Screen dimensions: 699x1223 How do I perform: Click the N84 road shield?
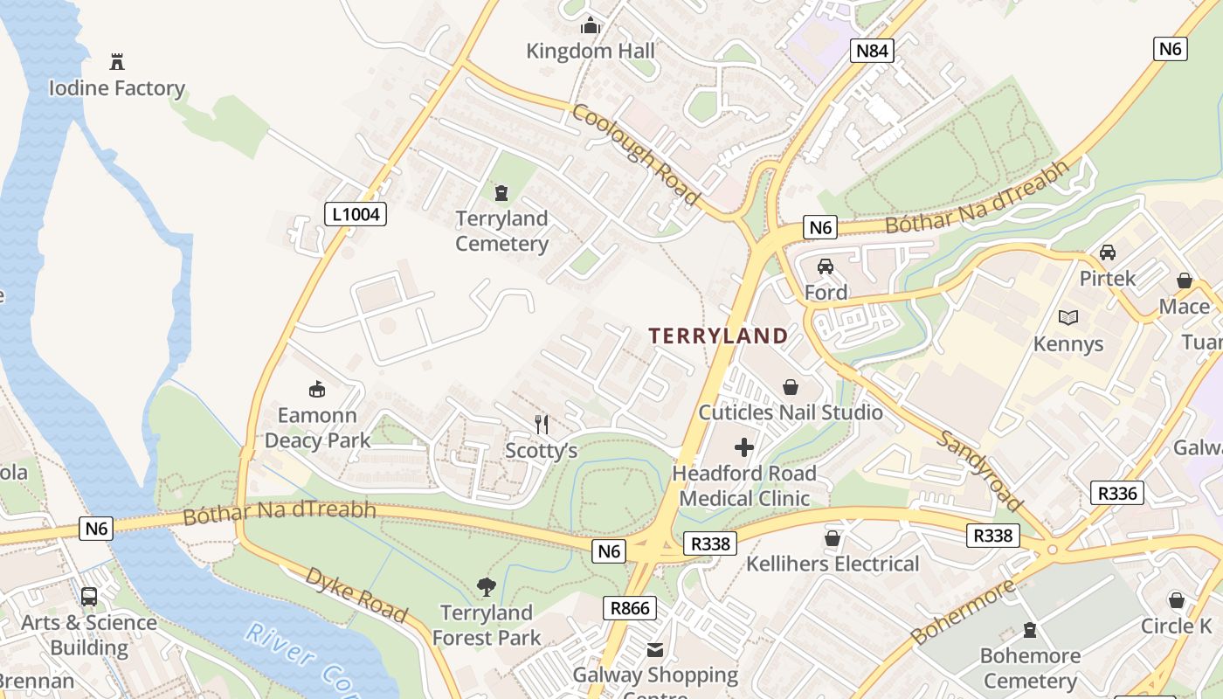[872, 51]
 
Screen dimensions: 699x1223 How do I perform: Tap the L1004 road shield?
[356, 214]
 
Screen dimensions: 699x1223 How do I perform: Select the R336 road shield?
[1118, 493]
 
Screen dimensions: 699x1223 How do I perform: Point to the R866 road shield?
[630, 608]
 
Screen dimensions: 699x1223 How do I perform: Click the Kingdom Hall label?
[591, 51]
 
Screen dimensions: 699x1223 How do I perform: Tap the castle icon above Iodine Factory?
[117, 62]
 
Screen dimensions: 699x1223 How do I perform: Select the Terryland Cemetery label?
[501, 231]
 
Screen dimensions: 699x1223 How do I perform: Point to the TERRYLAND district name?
[718, 336]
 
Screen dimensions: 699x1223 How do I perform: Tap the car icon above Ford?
[826, 266]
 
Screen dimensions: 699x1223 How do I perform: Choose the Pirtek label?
[1108, 279]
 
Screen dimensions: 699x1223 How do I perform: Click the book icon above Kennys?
[1068, 317]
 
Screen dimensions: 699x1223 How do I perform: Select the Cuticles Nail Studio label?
[791, 412]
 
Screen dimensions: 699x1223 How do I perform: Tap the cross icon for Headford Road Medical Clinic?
[744, 448]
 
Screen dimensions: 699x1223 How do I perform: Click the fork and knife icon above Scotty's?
[542, 425]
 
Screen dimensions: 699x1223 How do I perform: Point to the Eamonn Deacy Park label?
[317, 427]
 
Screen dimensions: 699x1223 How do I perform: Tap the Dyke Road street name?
[356, 595]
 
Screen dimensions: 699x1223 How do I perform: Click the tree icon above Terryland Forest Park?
[487, 587]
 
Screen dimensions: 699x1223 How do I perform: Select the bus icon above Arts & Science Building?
[89, 597]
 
